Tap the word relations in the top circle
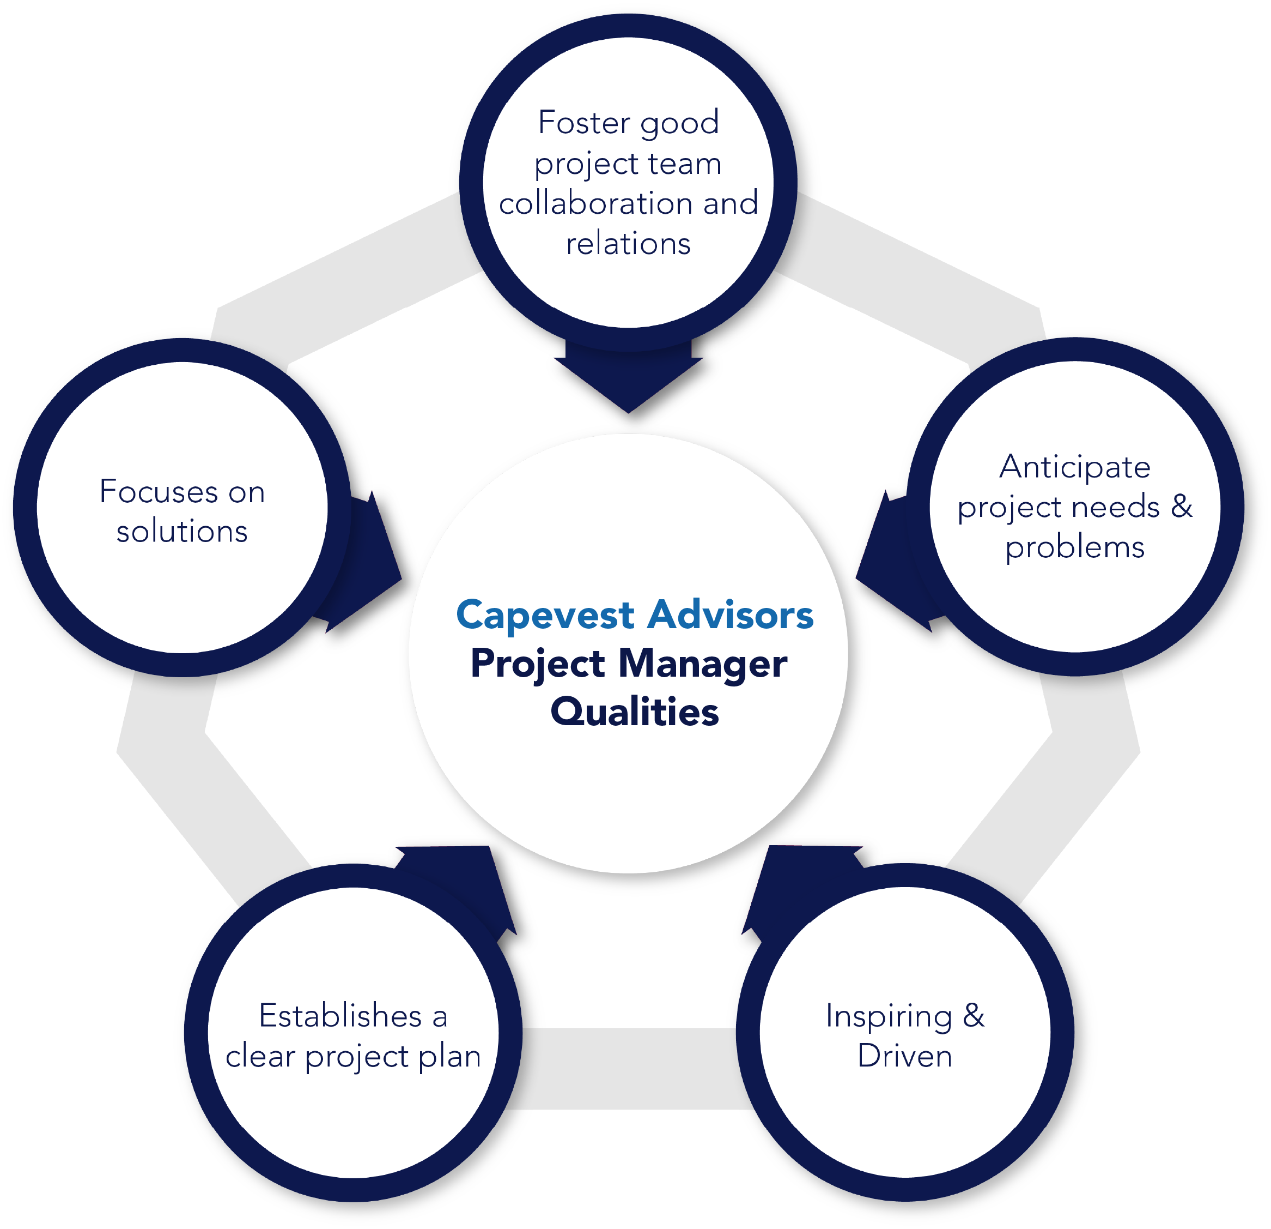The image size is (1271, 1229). pyautogui.click(x=628, y=244)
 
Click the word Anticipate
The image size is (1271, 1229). pyautogui.click(x=1074, y=467)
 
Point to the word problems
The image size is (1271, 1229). pyautogui.click(x=1074, y=547)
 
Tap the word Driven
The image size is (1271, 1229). pyautogui.click(x=904, y=1056)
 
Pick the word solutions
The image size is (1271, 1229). pyautogui.click(x=182, y=532)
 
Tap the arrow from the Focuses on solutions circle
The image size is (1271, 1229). pyautogui.click(x=367, y=564)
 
